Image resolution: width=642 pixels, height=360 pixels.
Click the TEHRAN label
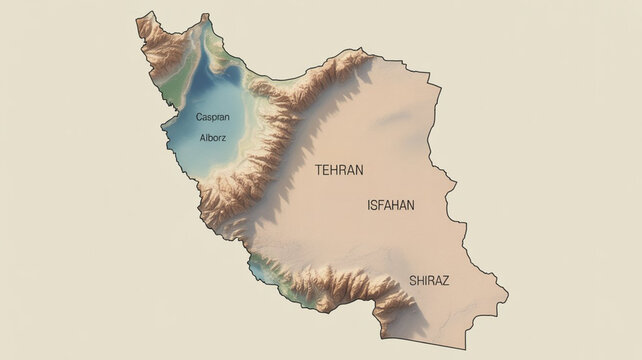(x=339, y=170)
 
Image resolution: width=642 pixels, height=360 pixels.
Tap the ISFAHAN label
(x=391, y=205)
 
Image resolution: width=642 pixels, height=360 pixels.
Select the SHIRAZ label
(x=429, y=281)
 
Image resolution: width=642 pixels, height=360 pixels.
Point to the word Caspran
(x=213, y=117)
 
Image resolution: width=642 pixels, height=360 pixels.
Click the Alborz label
(x=213, y=137)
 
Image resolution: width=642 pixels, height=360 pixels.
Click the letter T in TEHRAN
(x=319, y=170)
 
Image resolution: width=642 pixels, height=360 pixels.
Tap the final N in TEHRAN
(x=358, y=170)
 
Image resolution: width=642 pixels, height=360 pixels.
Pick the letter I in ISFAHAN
(x=370, y=205)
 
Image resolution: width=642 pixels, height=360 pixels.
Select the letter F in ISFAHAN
(x=383, y=205)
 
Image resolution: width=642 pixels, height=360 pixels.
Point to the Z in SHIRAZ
(x=445, y=281)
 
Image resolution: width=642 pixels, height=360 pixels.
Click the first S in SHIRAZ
(x=412, y=281)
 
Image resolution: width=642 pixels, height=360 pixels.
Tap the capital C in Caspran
(x=199, y=117)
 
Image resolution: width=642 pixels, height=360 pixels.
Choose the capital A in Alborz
(x=202, y=137)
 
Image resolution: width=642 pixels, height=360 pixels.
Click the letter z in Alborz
(x=225, y=137)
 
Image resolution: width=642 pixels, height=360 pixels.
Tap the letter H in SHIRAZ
(x=420, y=281)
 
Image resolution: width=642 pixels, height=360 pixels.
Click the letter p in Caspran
(x=215, y=118)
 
